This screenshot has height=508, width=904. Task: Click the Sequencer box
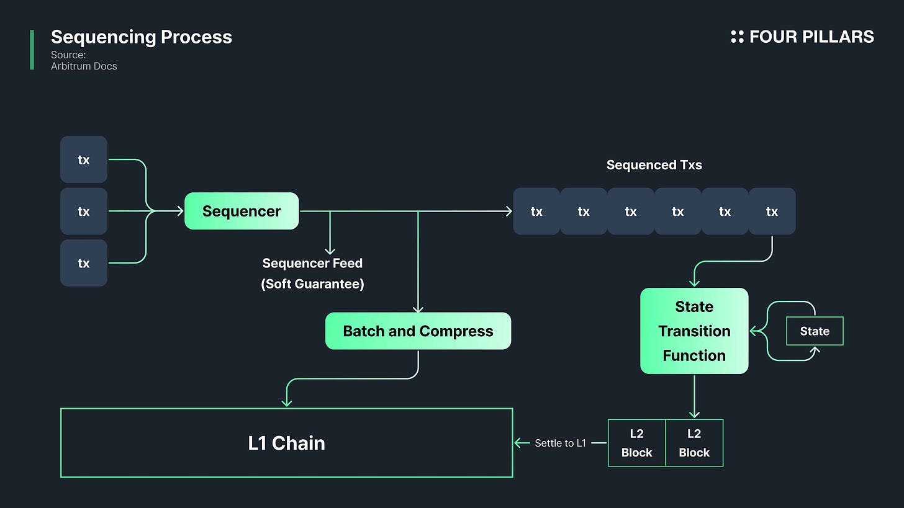click(242, 211)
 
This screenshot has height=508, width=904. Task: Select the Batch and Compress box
click(418, 331)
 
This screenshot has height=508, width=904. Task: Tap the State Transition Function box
click(694, 331)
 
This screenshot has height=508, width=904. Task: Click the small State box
click(815, 331)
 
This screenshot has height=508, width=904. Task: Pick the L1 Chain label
click(286, 443)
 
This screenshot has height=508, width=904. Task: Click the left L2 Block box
click(636, 443)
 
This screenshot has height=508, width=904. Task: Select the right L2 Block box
click(694, 443)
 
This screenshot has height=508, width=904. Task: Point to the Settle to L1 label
click(560, 443)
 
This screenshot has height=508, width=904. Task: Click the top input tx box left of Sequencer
click(84, 159)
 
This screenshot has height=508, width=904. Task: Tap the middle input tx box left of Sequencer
click(84, 212)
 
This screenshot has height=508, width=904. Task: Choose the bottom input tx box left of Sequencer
click(84, 263)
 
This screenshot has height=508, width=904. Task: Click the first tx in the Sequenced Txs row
click(536, 212)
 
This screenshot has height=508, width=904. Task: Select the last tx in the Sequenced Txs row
click(772, 212)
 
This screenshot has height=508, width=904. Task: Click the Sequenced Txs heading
click(654, 165)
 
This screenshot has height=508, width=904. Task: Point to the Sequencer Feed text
click(312, 263)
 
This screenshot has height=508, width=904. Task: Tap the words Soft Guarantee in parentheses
click(312, 284)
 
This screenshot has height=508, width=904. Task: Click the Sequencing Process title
click(142, 37)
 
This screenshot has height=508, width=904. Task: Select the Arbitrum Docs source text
click(84, 66)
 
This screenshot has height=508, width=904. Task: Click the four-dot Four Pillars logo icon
click(737, 37)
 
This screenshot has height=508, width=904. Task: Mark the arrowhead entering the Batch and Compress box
click(418, 309)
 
